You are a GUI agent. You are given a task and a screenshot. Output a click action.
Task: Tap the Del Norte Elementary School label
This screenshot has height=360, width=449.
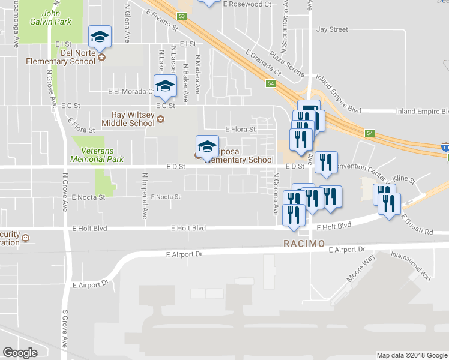[x=61, y=56]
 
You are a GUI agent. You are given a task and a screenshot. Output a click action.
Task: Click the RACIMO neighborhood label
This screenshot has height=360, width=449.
[x=304, y=244]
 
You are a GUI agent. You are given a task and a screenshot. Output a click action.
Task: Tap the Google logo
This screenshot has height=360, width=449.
[x=20, y=353]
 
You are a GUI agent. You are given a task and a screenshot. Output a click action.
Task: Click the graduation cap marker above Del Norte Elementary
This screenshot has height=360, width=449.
[x=100, y=37]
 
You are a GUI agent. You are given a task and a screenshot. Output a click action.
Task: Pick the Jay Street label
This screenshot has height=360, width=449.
[x=332, y=29]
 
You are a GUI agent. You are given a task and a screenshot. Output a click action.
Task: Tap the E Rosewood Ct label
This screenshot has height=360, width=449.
[x=246, y=4]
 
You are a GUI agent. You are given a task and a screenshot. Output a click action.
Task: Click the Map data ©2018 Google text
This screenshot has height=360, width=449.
[x=411, y=355]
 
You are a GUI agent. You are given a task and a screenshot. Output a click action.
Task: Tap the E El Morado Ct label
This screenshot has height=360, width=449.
[x=131, y=92]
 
